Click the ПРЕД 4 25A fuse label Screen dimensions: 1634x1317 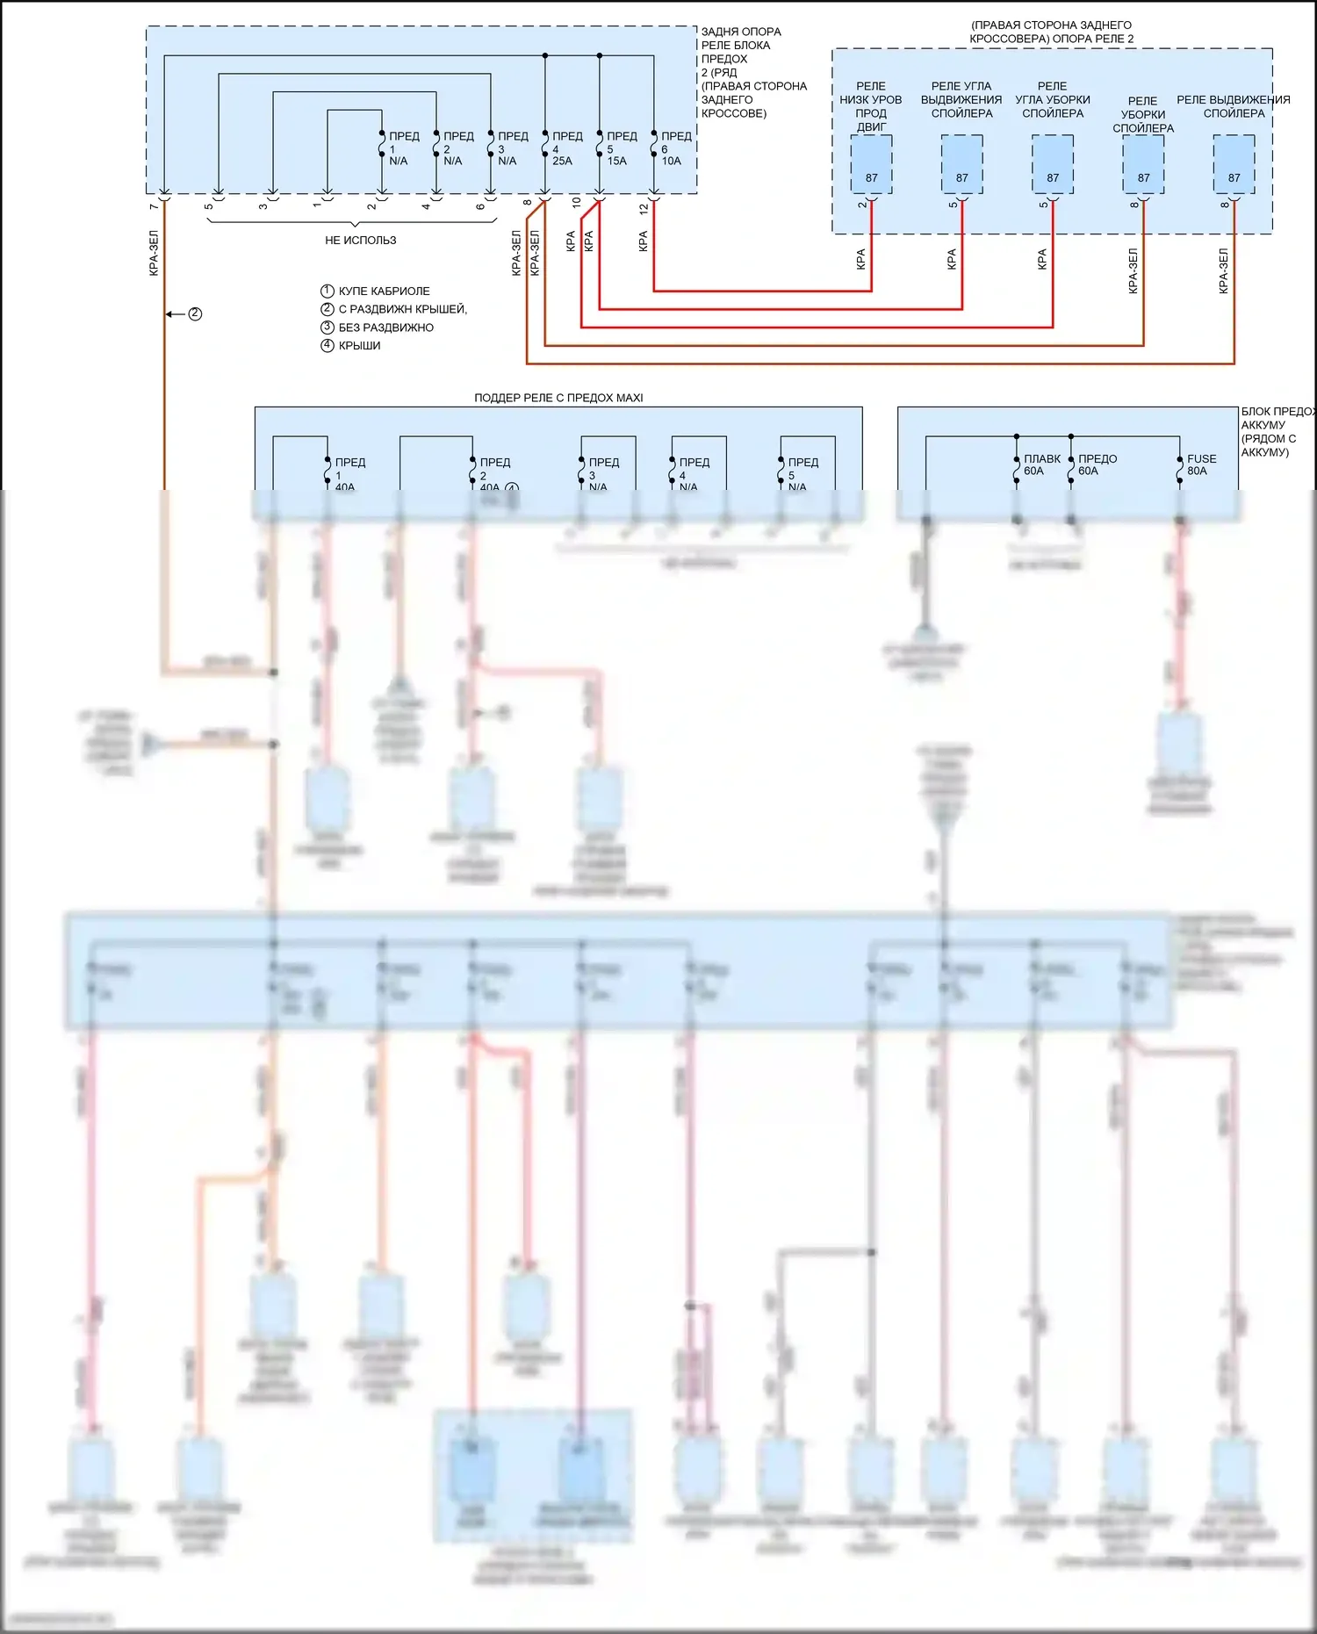pos(566,148)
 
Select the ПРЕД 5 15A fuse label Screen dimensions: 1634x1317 pos(621,148)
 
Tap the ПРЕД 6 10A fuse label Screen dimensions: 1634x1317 pos(675,148)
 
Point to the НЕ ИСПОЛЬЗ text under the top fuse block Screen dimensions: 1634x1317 pos(360,240)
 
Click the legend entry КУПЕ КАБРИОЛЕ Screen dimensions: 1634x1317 pos(384,291)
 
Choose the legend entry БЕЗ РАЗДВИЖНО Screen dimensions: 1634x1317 pos(385,328)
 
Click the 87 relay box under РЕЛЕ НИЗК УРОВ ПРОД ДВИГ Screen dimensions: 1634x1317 pos(871,165)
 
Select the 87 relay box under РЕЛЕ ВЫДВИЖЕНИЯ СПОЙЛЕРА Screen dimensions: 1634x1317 pos(1234,165)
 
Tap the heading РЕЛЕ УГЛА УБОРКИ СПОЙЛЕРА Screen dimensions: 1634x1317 pos(1053,99)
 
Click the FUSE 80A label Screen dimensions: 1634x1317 pos(1201,464)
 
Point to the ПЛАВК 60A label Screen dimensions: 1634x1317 pos(1041,464)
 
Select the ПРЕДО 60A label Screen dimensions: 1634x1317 pos(1097,464)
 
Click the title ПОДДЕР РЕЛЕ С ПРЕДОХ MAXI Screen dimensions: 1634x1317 pos(558,398)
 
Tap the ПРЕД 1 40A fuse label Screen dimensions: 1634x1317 pos(349,474)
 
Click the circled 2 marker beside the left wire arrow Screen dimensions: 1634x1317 pos(195,313)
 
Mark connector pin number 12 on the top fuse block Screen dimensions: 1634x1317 pos(644,210)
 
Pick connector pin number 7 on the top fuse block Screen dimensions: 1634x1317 pos(154,206)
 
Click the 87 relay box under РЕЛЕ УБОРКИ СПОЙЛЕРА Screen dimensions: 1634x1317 pos(1143,165)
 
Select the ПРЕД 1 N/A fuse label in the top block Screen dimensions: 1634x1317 pos(403,148)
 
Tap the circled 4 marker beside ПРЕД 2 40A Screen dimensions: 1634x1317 pos(511,488)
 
